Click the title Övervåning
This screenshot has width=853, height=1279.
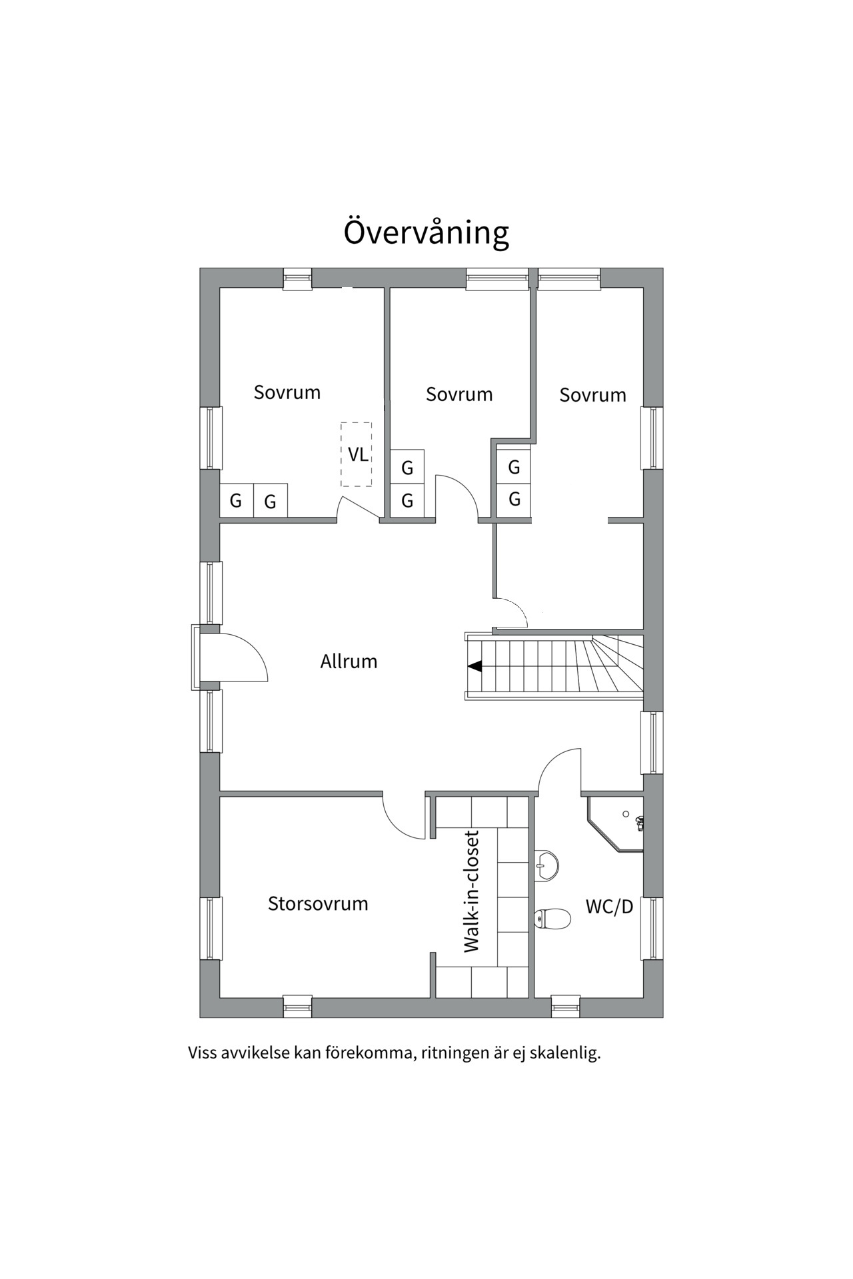[x=426, y=232]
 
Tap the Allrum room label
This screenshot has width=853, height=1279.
[x=349, y=661]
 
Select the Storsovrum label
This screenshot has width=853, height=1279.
[x=318, y=904]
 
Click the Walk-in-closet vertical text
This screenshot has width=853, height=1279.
[x=472, y=891]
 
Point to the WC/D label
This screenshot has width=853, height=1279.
[x=609, y=907]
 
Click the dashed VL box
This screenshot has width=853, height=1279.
[x=357, y=454]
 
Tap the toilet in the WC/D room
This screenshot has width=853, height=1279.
[x=552, y=919]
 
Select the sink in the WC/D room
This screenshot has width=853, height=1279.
[x=546, y=866]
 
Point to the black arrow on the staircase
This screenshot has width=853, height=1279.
[x=474, y=666]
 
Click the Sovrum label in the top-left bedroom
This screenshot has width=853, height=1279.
[x=287, y=392]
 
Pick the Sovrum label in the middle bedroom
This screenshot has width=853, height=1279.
[x=459, y=394]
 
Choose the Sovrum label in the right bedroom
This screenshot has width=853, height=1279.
[x=592, y=395]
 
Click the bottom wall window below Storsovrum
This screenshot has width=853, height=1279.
[x=297, y=1006]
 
